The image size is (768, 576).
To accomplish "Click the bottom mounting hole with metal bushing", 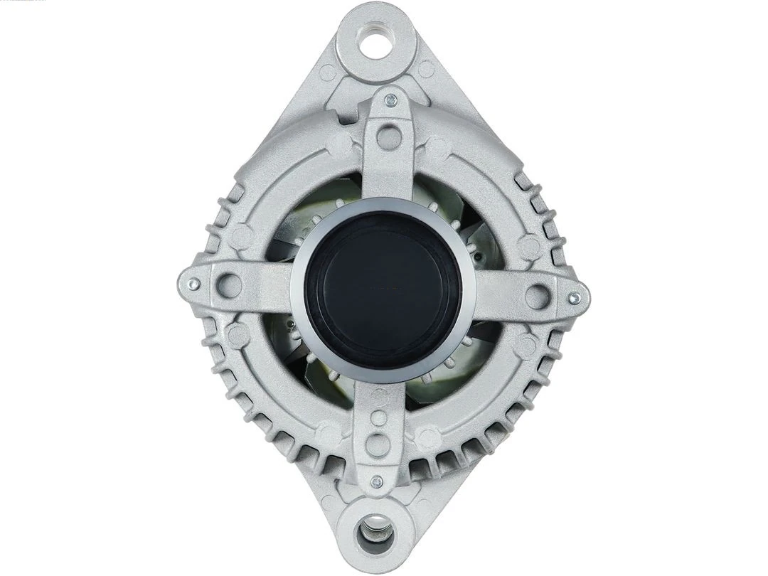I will (x=376, y=530).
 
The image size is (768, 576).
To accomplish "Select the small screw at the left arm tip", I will (x=193, y=284).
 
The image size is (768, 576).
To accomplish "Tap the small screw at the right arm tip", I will (x=575, y=297).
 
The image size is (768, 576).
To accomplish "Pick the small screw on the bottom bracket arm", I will (x=377, y=481).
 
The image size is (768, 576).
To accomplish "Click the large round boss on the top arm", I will (x=389, y=137).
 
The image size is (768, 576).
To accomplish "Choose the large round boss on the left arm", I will (x=229, y=285).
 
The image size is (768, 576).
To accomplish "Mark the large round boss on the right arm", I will (x=538, y=296).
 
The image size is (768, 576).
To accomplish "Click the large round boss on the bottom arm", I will (x=378, y=444).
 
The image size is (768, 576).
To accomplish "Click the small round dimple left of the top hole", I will (x=327, y=72).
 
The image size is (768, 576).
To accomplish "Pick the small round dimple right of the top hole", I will (x=426, y=69).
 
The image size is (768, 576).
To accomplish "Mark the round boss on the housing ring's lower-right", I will (x=526, y=346).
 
